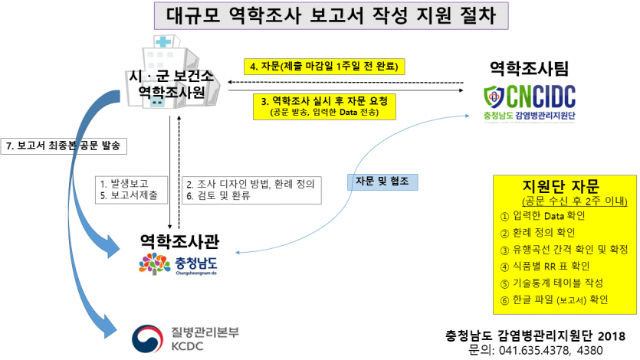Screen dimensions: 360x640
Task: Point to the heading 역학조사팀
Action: click(529, 70)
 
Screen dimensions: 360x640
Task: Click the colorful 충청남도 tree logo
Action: click(153, 263)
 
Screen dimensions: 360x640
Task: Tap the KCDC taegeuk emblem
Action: click(149, 338)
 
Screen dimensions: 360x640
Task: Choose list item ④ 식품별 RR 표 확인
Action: click(545, 266)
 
